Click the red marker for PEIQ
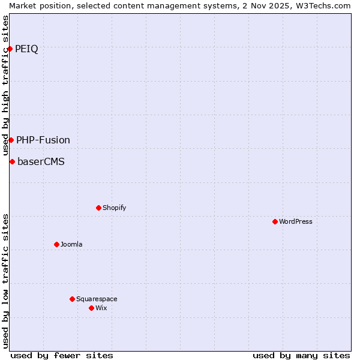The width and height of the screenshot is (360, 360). [x=10, y=49]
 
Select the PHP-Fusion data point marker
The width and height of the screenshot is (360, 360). [x=11, y=140]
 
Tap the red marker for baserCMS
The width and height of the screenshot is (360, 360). [x=12, y=161]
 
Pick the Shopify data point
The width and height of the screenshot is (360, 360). [x=98, y=208]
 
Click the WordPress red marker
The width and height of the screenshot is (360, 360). [x=275, y=221]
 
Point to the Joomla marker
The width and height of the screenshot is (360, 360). [x=56, y=244]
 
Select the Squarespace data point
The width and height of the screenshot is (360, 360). [x=72, y=299]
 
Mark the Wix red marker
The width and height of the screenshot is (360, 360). [x=91, y=308]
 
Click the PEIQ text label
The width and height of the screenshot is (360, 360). [x=26, y=49]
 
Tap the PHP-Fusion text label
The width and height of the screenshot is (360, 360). [x=43, y=140]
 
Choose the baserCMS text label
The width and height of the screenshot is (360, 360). [x=41, y=161]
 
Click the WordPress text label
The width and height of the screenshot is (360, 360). [x=296, y=221]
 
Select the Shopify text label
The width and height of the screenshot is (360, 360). [x=114, y=208]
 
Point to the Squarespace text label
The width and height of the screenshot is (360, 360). [x=97, y=299]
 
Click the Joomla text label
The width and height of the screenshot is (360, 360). [x=71, y=244]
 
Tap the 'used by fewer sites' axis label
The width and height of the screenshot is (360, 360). [x=62, y=355]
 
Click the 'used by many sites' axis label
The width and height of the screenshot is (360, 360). [x=301, y=355]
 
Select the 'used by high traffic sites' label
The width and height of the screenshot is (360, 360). [x=5, y=85]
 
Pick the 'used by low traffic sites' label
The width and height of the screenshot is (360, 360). [x=5, y=280]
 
